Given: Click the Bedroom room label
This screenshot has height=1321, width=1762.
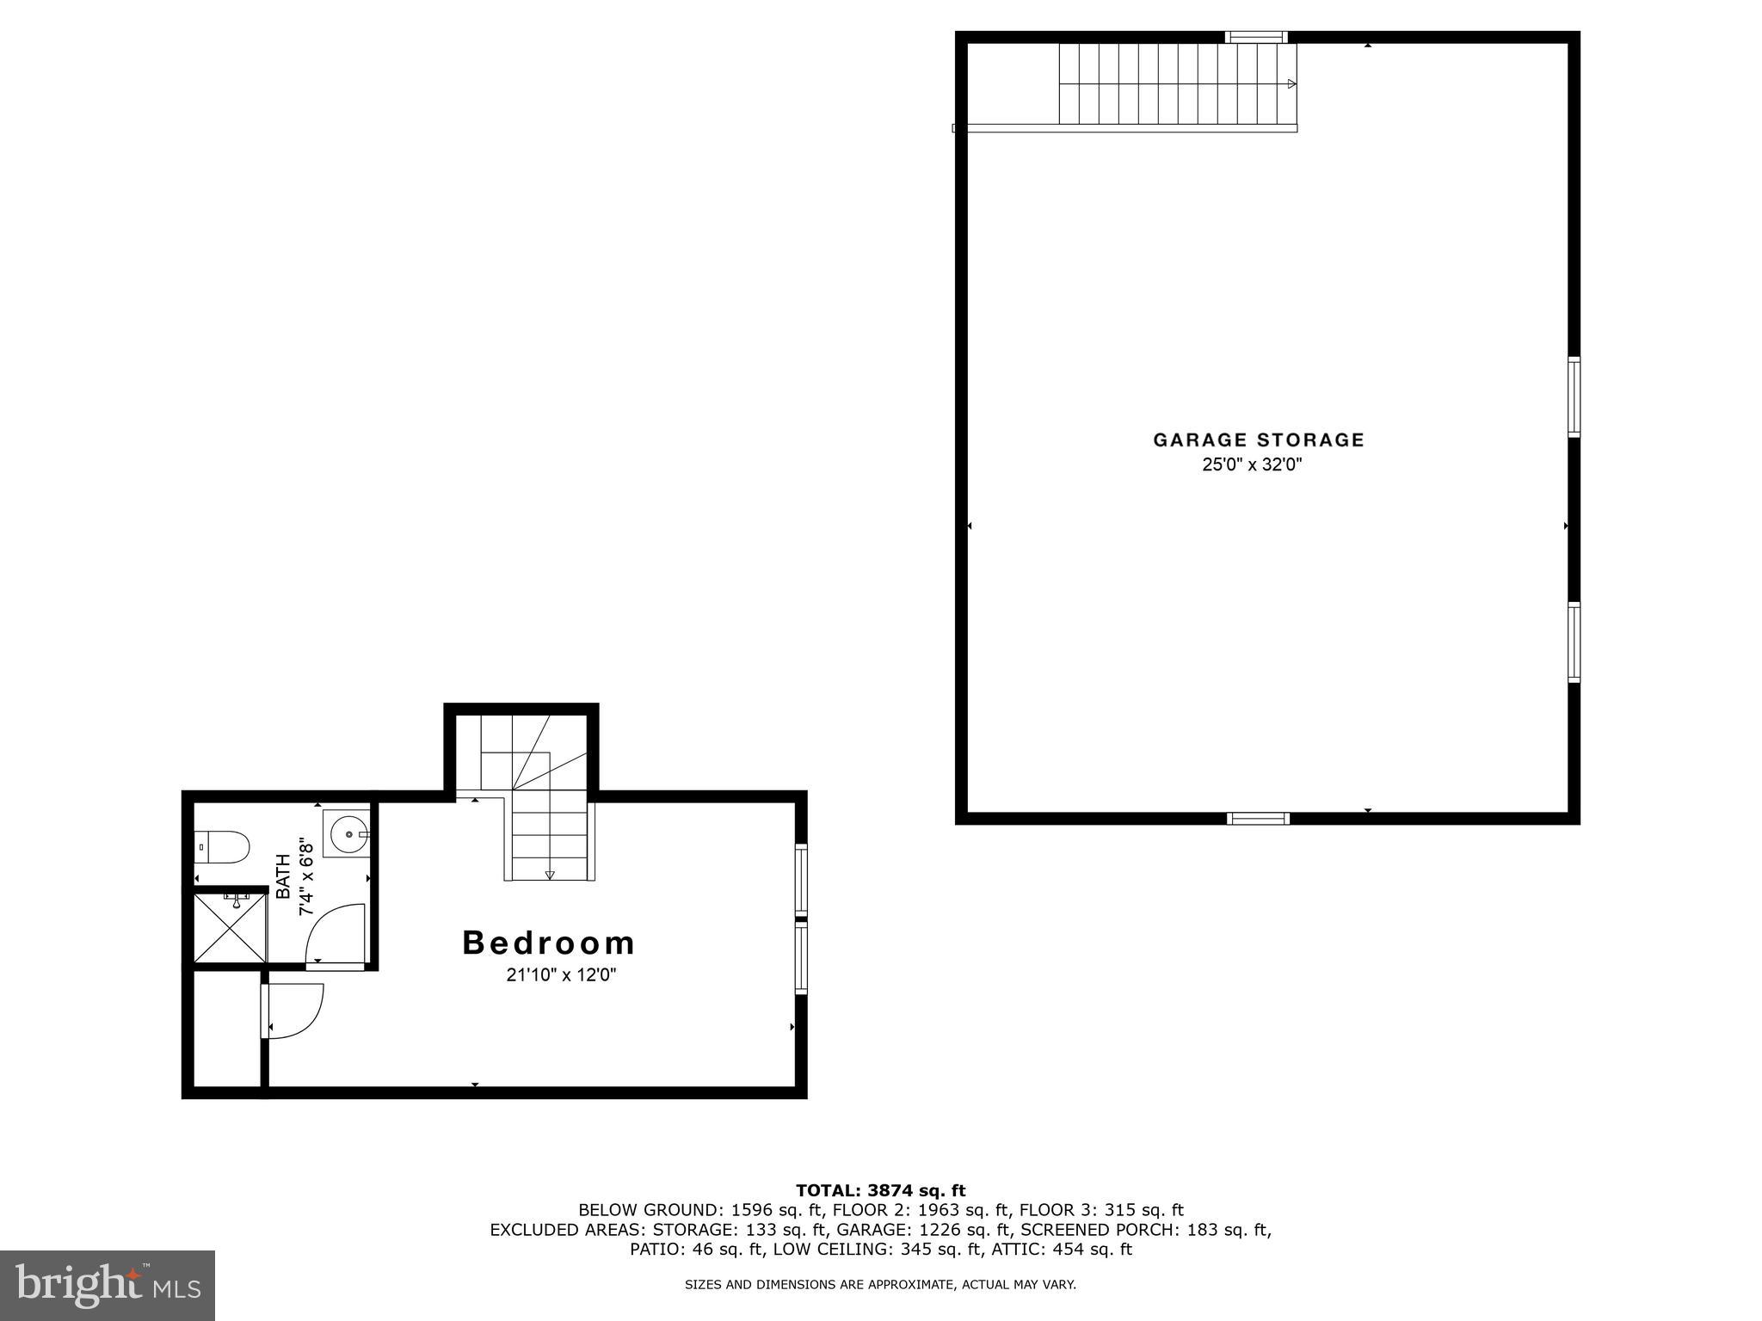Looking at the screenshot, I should (x=549, y=943).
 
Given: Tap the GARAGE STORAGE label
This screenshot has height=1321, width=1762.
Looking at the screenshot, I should (x=1259, y=440).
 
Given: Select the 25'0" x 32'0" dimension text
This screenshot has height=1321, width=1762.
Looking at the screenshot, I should (x=1253, y=465).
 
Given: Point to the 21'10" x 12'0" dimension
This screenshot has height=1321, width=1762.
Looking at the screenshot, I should (x=562, y=975).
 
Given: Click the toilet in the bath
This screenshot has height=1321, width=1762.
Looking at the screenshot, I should (x=222, y=847).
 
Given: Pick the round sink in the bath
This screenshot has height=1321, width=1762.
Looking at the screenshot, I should (x=348, y=833).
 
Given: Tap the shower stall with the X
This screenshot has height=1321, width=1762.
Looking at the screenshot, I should (x=230, y=928).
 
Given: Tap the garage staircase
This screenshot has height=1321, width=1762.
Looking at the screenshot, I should (x=1177, y=84).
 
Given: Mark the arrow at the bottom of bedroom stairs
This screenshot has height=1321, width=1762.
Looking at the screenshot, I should (x=550, y=876).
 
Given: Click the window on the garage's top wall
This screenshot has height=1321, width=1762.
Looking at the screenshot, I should (x=1255, y=37).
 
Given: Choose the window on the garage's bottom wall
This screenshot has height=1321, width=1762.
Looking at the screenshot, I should (x=1258, y=818).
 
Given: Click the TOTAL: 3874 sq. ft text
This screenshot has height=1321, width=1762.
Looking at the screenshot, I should (x=880, y=1190).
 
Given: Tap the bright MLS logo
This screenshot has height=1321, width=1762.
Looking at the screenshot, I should (x=108, y=1285).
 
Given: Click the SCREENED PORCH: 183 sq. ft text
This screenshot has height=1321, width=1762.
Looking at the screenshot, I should (x=1145, y=1230).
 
